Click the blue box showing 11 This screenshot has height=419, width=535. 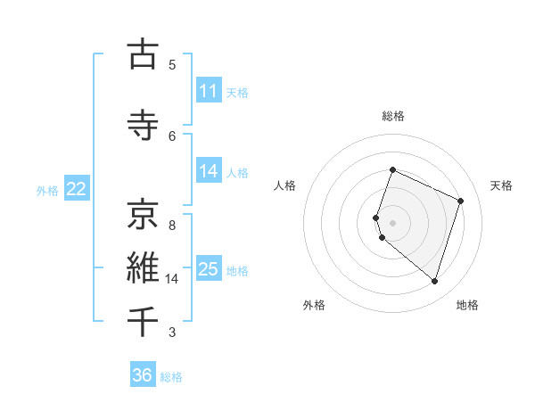click(x=209, y=91)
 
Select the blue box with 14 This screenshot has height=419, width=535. click(x=209, y=171)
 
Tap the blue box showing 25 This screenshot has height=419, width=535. click(x=209, y=269)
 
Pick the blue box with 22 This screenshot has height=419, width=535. click(x=77, y=189)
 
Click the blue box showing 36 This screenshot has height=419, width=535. click(x=143, y=375)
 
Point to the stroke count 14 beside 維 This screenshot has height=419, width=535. click(x=173, y=279)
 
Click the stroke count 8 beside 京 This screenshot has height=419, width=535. click(x=172, y=225)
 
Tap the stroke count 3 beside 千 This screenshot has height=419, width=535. click(x=172, y=333)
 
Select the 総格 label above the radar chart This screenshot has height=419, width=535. click(x=393, y=116)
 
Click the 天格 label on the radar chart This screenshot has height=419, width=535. click(x=502, y=185)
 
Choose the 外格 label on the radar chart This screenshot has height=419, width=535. click(x=314, y=305)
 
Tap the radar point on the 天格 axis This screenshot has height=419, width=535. click(x=460, y=201)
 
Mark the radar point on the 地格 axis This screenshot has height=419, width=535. click(x=434, y=282)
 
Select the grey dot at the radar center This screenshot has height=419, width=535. click(x=393, y=222)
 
